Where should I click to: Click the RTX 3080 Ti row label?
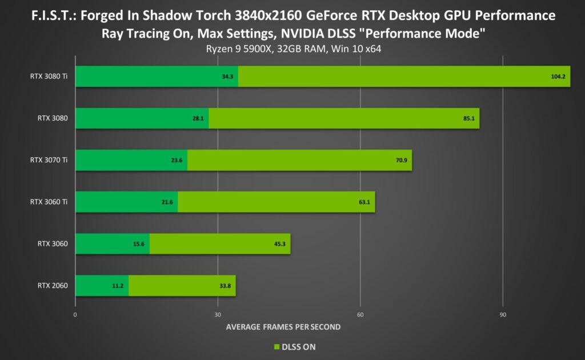[49, 76]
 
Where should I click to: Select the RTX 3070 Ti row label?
[49, 160]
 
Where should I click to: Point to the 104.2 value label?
[558, 77]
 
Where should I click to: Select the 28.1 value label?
[199, 118]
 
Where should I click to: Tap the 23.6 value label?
[177, 161]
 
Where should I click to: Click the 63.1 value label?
[364, 202]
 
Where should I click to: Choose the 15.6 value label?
[139, 244]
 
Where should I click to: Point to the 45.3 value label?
[279, 244]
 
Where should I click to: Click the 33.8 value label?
[225, 286]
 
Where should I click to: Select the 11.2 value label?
[118, 286]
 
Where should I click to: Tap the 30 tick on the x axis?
[218, 315]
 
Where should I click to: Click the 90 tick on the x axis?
[503, 315]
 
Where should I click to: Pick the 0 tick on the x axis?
[75, 315]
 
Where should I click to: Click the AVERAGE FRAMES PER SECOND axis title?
[283, 327]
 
